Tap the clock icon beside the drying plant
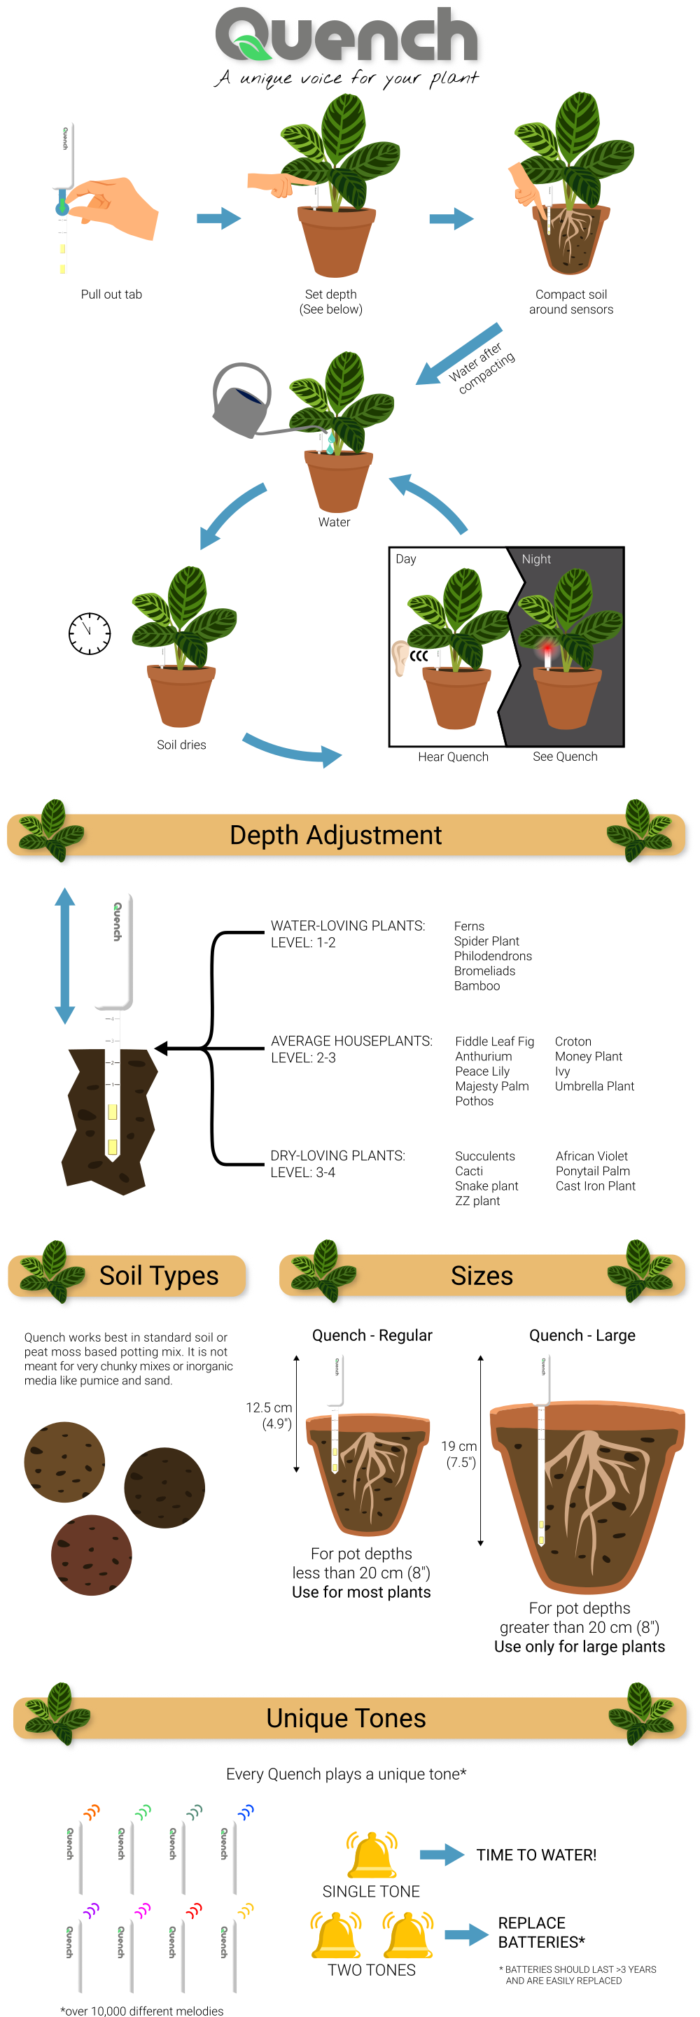pyautogui.click(x=90, y=633)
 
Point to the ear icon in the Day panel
pyautogui.click(x=400, y=657)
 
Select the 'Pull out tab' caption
pyautogui.click(x=111, y=295)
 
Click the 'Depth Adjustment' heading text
pyautogui.click(x=335, y=835)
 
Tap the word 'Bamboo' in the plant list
pyautogui.click(x=476, y=986)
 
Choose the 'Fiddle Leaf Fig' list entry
pyautogui.click(x=494, y=1041)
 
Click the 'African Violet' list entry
pyautogui.click(x=591, y=1155)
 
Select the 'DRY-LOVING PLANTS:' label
pyautogui.click(x=337, y=1155)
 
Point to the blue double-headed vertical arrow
pyautogui.click(x=64, y=955)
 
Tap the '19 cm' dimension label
pyautogui.click(x=458, y=1446)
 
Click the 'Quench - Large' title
pyautogui.click(x=582, y=1335)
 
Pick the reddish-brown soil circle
pyautogui.click(x=92, y=1555)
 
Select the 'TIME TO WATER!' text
pyautogui.click(x=536, y=1855)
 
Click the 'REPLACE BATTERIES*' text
pyautogui.click(x=540, y=1932)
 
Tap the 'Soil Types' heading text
pyautogui.click(x=159, y=1276)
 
